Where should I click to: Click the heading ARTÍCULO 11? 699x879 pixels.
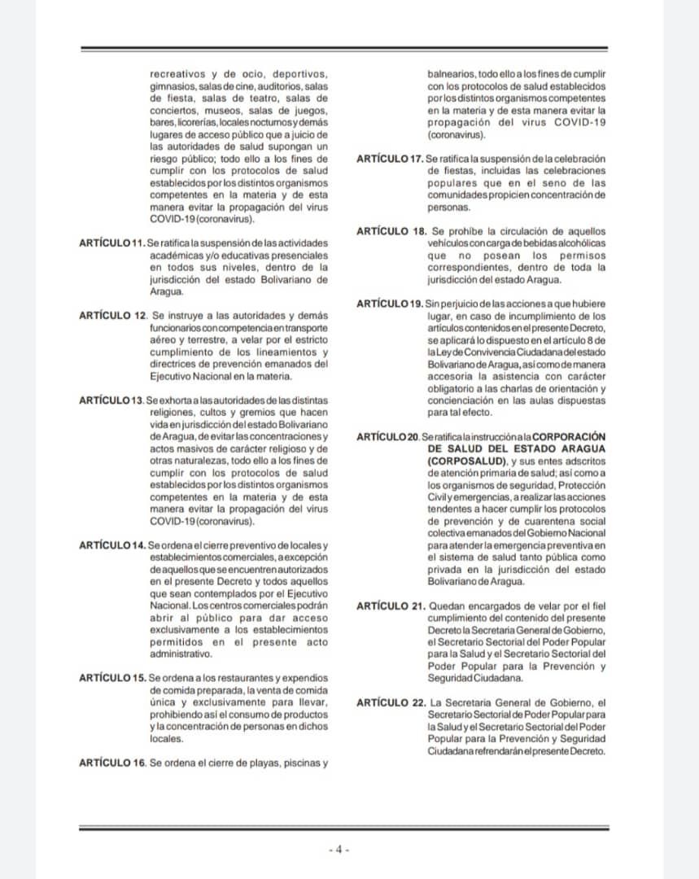pyautogui.click(x=111, y=243)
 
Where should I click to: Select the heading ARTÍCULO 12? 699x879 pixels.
pyautogui.click(x=111, y=315)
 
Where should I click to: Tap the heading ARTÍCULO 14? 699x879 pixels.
pyautogui.click(x=111, y=544)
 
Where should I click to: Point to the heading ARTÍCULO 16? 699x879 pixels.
pyautogui.click(x=111, y=763)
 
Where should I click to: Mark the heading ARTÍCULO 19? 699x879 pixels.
pyautogui.click(x=390, y=304)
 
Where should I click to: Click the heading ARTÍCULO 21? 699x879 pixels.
pyautogui.click(x=390, y=606)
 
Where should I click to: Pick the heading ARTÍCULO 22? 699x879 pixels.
pyautogui.click(x=390, y=702)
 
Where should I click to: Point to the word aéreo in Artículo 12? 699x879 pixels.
pyautogui.click(x=164, y=339)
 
